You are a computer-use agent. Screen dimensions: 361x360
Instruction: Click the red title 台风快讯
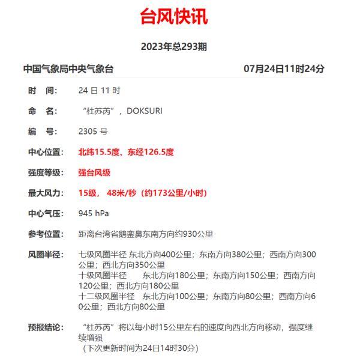click(x=174, y=17)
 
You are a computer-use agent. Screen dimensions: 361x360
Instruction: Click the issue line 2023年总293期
click(x=174, y=46)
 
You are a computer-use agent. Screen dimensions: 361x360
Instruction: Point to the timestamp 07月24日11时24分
click(x=284, y=69)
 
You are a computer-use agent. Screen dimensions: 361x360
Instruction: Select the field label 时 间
click(x=43, y=91)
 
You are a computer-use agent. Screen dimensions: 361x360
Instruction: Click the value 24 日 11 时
click(x=99, y=91)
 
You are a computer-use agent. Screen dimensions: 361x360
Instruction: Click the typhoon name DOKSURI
click(x=144, y=111)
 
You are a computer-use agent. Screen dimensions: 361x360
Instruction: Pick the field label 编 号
click(x=43, y=132)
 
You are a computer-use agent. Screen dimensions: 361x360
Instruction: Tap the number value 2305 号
click(x=93, y=132)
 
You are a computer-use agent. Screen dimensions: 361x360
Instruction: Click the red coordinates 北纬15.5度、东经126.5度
click(x=126, y=152)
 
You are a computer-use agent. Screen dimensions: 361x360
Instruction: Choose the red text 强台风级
click(x=94, y=172)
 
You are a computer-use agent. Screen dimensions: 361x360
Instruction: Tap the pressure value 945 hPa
click(x=94, y=213)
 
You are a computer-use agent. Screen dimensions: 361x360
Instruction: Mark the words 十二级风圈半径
click(x=107, y=296)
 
